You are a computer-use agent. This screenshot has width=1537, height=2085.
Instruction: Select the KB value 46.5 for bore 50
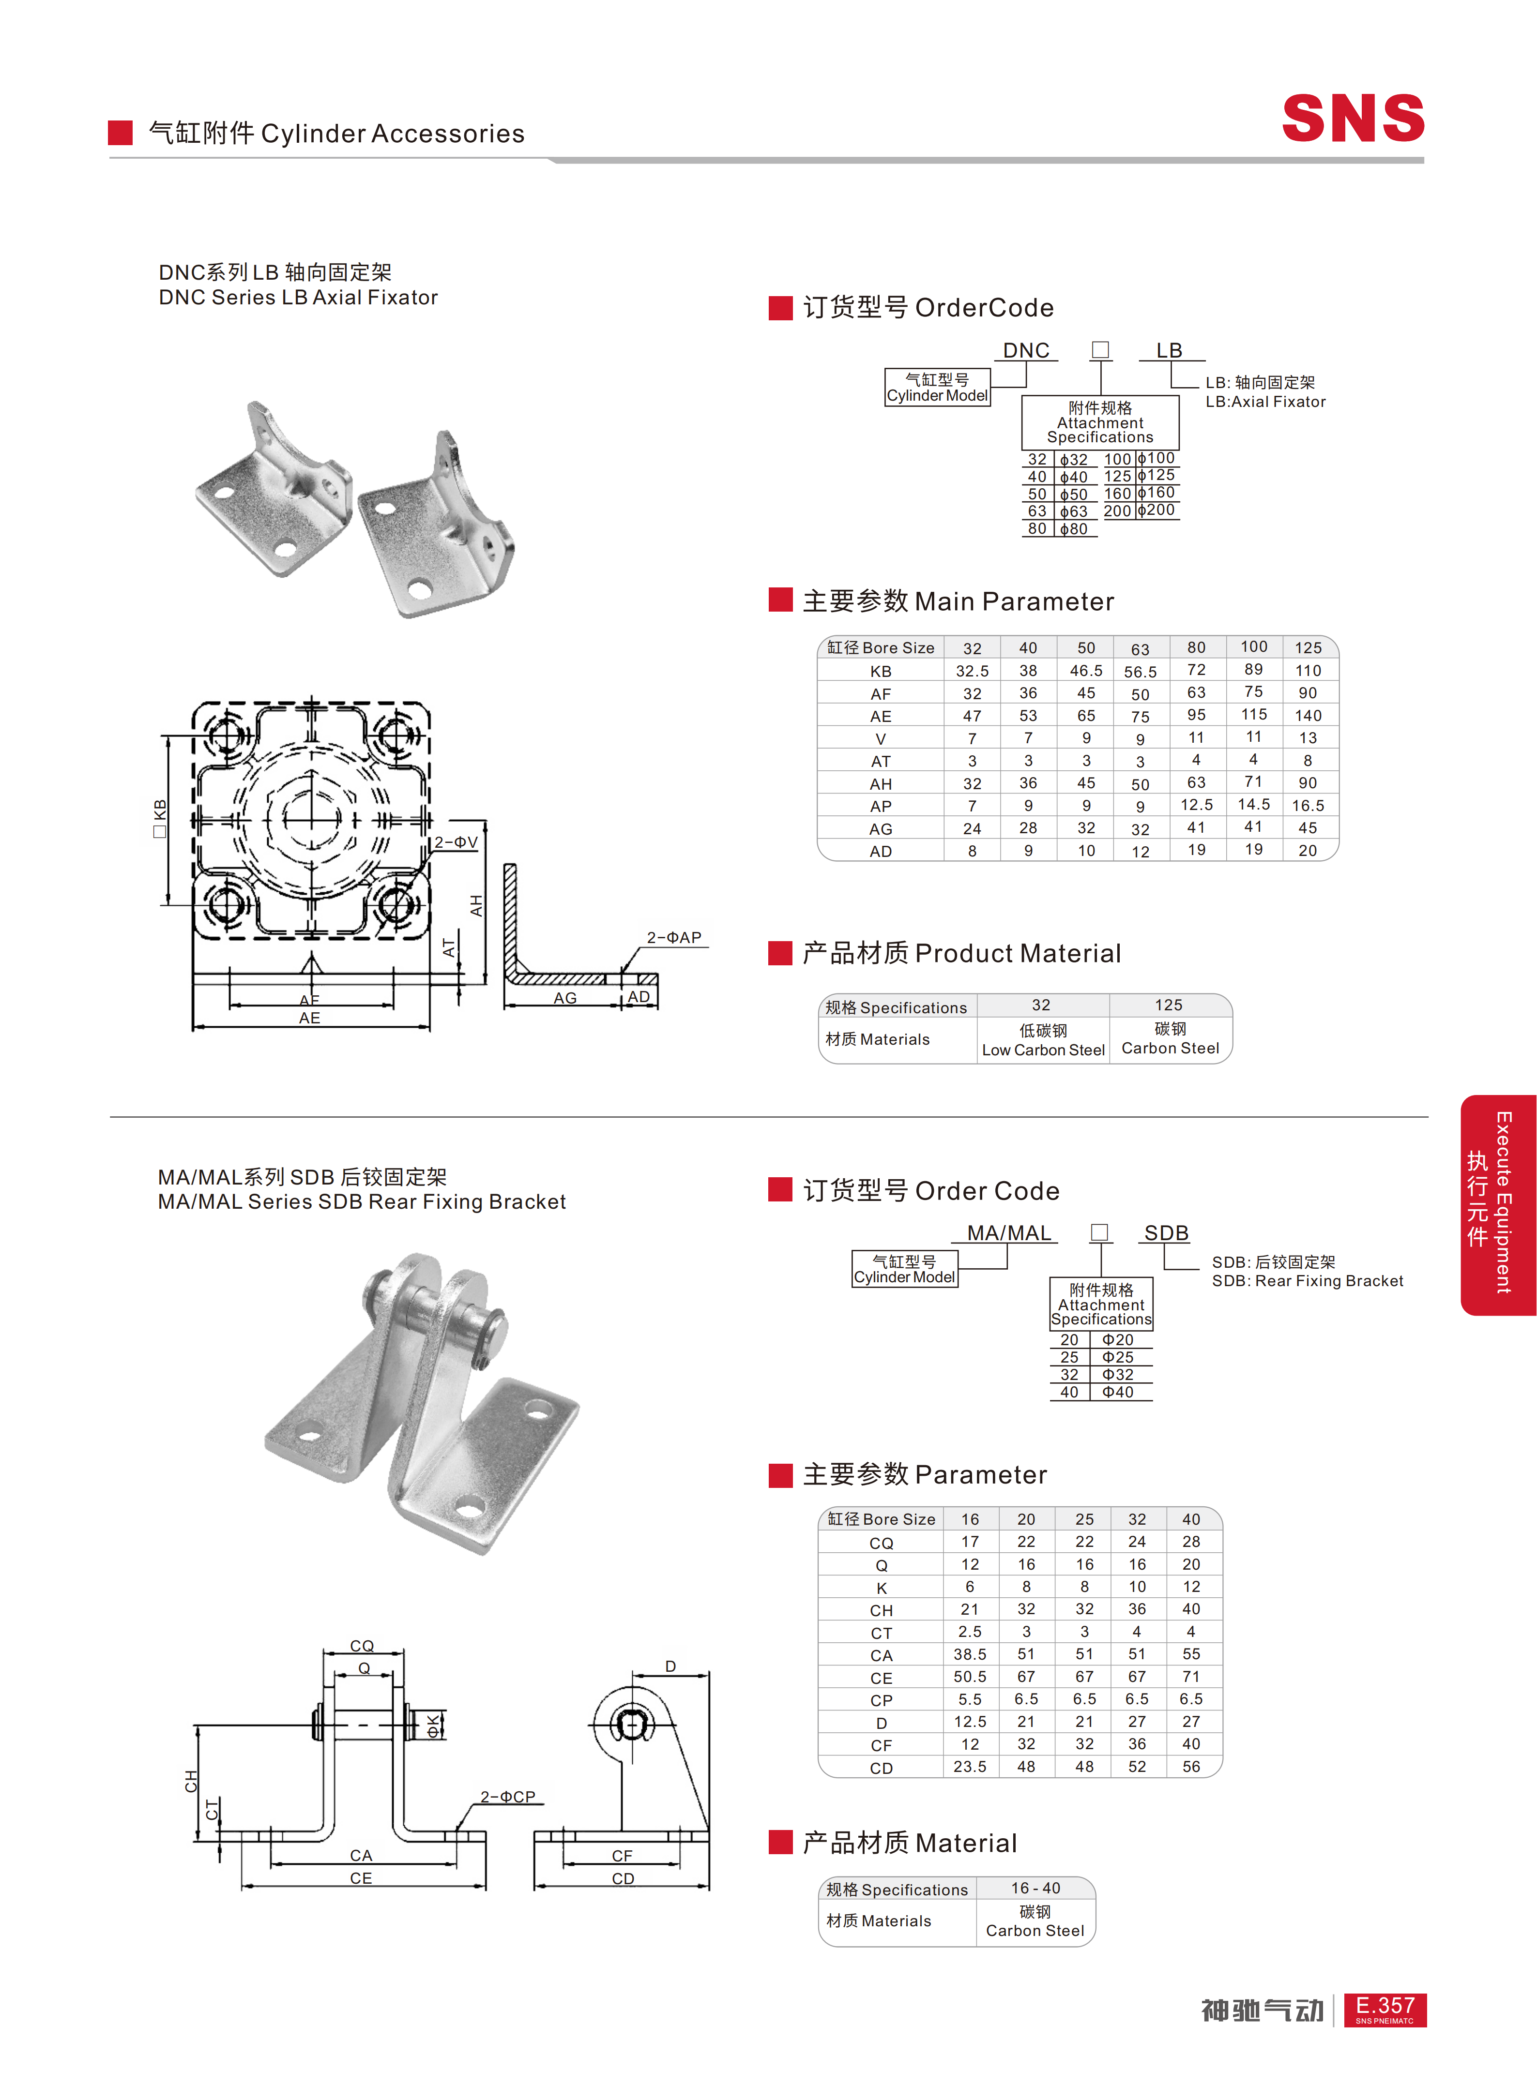pyautogui.click(x=1086, y=671)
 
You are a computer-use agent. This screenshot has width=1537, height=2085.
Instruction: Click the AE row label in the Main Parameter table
pyautogui.click(x=880, y=716)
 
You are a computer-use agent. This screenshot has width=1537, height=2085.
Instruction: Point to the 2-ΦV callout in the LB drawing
pyautogui.click(x=456, y=842)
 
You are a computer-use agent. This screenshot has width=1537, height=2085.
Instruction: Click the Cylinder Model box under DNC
pyautogui.click(x=937, y=387)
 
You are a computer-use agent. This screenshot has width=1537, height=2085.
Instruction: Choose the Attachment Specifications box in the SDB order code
pyautogui.click(x=1101, y=1304)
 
